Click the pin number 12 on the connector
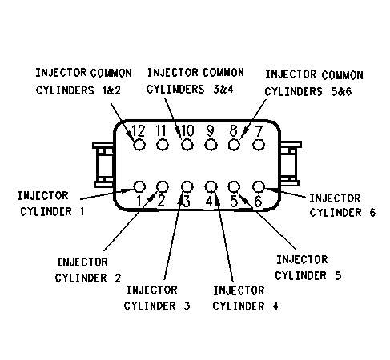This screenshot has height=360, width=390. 139,130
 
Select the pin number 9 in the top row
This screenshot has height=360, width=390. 211,130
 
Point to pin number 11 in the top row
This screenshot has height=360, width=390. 162,130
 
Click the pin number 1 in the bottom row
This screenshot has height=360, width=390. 139,200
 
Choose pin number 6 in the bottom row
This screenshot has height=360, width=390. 258,200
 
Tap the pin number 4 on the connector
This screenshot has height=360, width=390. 210,200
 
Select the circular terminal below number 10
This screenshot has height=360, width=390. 187,145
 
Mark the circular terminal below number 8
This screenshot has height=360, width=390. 235,145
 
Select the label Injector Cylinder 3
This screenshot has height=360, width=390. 158,297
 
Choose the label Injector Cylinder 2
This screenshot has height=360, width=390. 88,270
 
